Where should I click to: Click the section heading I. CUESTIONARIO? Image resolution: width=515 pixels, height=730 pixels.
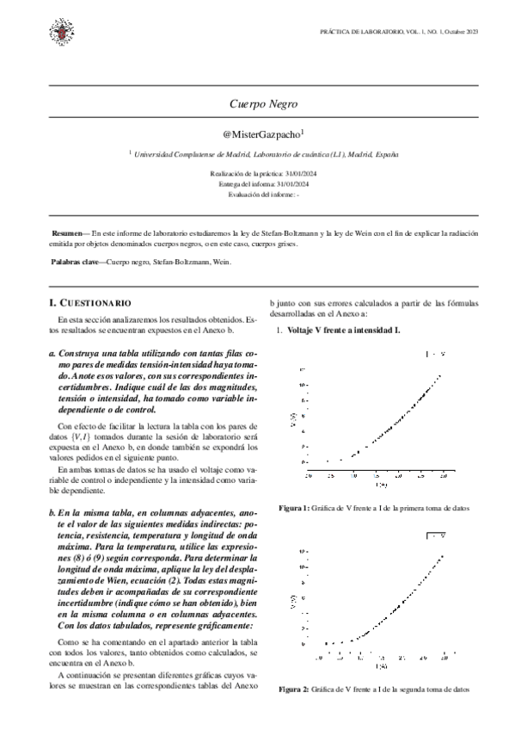point(90,303)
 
